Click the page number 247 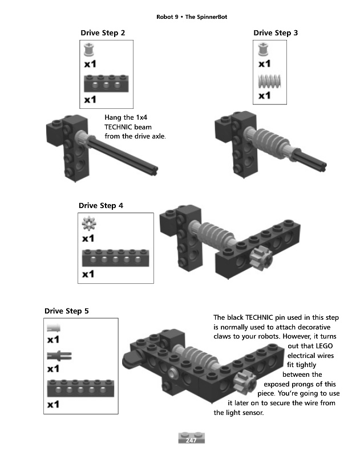[191, 441]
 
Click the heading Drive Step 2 [103, 33]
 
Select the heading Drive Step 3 [276, 33]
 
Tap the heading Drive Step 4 [101, 205]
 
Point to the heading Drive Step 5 [67, 311]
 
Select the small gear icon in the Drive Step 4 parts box [88, 223]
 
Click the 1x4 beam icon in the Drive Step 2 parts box [106, 84]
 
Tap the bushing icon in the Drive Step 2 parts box [89, 50]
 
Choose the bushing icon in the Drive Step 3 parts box [263, 50]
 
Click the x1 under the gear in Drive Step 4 [88, 238]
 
